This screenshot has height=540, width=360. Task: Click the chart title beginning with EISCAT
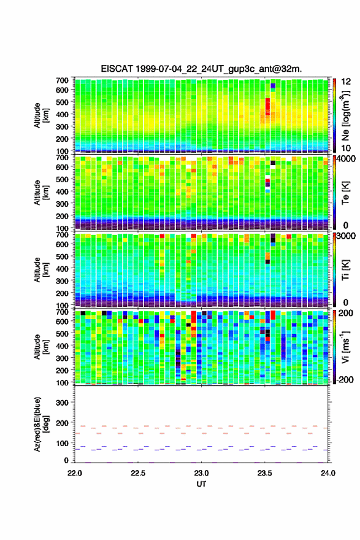tap(201, 69)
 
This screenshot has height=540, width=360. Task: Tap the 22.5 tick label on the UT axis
tap(138, 473)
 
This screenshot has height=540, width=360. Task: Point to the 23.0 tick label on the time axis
tap(201, 473)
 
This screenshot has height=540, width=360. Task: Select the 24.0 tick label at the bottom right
tap(327, 473)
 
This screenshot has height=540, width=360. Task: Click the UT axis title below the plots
tap(201, 484)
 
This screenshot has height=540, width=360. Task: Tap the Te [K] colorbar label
tap(345, 193)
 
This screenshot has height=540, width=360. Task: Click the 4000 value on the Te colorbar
tap(346, 159)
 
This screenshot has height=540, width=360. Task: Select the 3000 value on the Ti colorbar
tap(346, 236)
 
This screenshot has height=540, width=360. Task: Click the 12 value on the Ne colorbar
tap(346, 82)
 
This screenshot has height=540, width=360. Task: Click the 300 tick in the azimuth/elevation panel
tap(63, 403)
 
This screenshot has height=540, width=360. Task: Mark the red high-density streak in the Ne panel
tap(267, 109)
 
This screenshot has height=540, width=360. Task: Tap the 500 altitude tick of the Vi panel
tap(63, 333)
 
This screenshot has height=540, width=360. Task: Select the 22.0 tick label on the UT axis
tap(75, 473)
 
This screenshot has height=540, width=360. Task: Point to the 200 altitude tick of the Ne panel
tap(63, 139)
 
